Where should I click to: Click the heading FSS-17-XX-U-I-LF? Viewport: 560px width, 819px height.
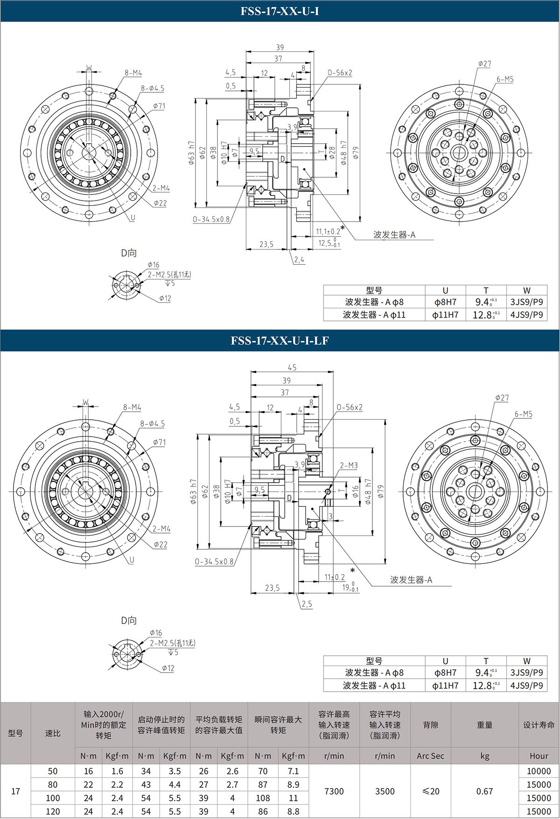pyautogui.click(x=280, y=340)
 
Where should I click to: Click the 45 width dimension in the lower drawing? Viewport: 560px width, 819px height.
pyautogui.click(x=292, y=367)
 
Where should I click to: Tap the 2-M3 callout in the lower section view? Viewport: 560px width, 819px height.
pyautogui.click(x=349, y=465)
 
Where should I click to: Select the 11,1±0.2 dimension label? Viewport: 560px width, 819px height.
pyautogui.click(x=328, y=231)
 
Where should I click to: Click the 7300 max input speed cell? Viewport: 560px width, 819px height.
pyautogui.click(x=334, y=791)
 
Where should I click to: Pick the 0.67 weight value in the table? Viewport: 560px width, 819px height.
pyautogui.click(x=484, y=791)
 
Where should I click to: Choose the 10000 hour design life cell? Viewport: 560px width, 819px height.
pyautogui.click(x=539, y=771)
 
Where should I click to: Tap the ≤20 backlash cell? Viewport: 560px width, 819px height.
pyautogui.click(x=430, y=791)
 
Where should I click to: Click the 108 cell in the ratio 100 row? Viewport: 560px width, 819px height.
pyautogui.click(x=263, y=798)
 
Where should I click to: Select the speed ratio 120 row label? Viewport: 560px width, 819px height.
pyautogui.click(x=53, y=812)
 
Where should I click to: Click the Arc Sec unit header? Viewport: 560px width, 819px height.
pyautogui.click(x=430, y=756)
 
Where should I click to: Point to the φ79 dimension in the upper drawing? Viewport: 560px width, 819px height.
pyautogui.click(x=356, y=153)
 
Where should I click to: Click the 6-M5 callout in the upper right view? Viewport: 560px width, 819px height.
pyautogui.click(x=505, y=79)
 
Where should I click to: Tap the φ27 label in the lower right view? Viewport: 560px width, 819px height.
pyautogui.click(x=502, y=398)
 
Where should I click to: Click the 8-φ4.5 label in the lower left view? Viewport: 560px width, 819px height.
pyautogui.click(x=153, y=423)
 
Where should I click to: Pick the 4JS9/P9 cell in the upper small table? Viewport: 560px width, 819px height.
pyautogui.click(x=526, y=315)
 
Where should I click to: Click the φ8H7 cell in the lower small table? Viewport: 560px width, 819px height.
pyautogui.click(x=445, y=673)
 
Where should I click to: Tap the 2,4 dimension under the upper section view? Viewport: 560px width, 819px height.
pyautogui.click(x=299, y=260)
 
